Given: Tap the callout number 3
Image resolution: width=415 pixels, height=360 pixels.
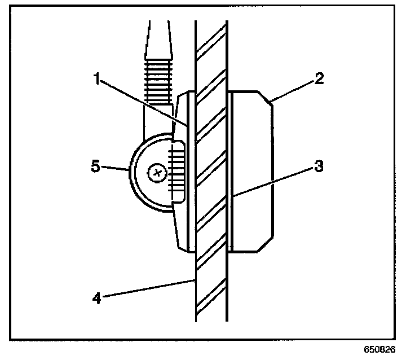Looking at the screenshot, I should tap(320, 168).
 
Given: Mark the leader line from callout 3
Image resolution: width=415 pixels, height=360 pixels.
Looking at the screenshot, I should tap(273, 181).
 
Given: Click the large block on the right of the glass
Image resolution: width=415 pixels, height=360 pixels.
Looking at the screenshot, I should tap(254, 169).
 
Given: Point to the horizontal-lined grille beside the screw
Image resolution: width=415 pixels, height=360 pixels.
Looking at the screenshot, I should tap(177, 173).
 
